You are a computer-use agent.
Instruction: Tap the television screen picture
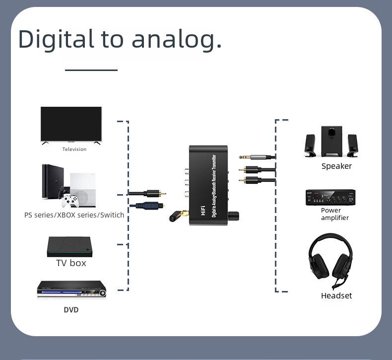coord(71,124)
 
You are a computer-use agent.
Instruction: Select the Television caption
coord(74,149)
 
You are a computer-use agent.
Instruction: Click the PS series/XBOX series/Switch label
coord(74,215)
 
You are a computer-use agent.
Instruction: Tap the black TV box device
coord(69,246)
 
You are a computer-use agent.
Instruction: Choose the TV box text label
coord(71,263)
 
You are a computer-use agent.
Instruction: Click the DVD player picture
coord(71,289)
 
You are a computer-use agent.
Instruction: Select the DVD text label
coord(71,310)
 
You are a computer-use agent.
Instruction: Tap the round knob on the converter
coord(233,216)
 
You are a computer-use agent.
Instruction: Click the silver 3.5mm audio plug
coord(256,157)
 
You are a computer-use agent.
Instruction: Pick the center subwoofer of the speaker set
coord(331,141)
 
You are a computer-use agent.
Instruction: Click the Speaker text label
coord(336,166)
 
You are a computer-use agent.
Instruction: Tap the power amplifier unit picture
coord(330,198)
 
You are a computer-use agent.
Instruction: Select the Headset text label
coord(336,296)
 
